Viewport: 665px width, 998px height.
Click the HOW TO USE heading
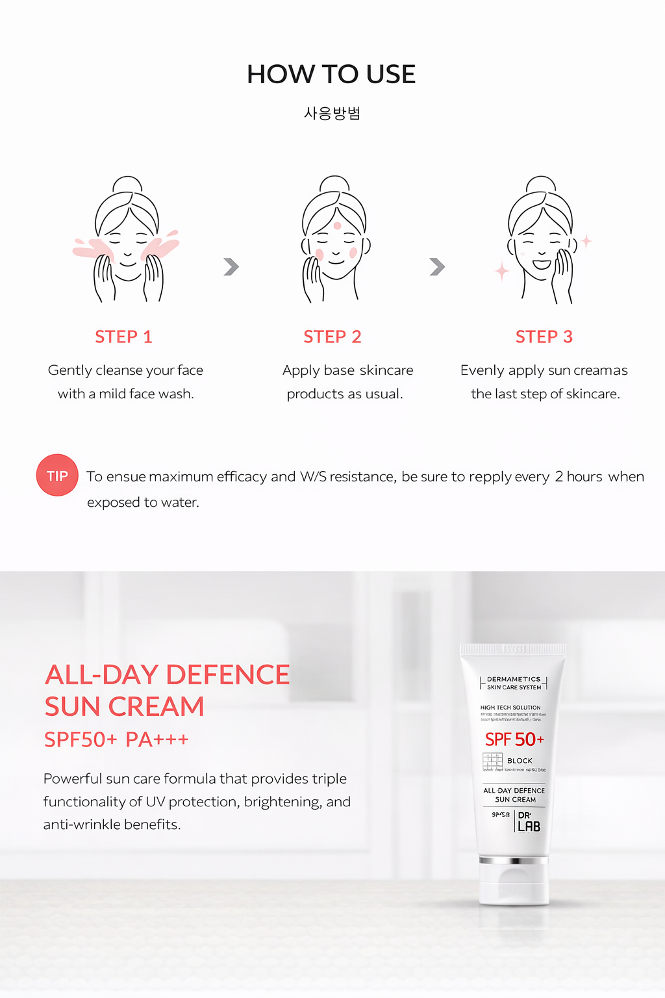(x=331, y=75)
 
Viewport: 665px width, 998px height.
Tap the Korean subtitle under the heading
(x=332, y=114)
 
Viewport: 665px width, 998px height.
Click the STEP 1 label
(x=123, y=337)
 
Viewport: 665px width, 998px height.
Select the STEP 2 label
(x=332, y=337)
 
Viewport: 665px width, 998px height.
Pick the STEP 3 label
(x=544, y=337)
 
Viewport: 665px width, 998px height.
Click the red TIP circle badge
(x=57, y=476)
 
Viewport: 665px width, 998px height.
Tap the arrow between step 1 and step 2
(x=231, y=266)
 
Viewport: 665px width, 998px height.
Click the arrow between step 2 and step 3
(x=437, y=266)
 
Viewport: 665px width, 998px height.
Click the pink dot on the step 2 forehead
(x=337, y=225)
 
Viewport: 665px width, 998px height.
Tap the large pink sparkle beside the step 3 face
(x=502, y=271)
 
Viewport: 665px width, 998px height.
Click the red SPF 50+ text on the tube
(x=514, y=739)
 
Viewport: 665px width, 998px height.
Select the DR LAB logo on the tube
(x=529, y=822)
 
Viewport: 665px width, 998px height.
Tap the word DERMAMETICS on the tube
(x=514, y=679)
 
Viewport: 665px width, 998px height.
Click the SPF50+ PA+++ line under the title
(x=116, y=739)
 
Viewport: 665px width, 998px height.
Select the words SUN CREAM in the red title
(x=125, y=707)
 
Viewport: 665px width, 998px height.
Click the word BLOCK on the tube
(x=520, y=761)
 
